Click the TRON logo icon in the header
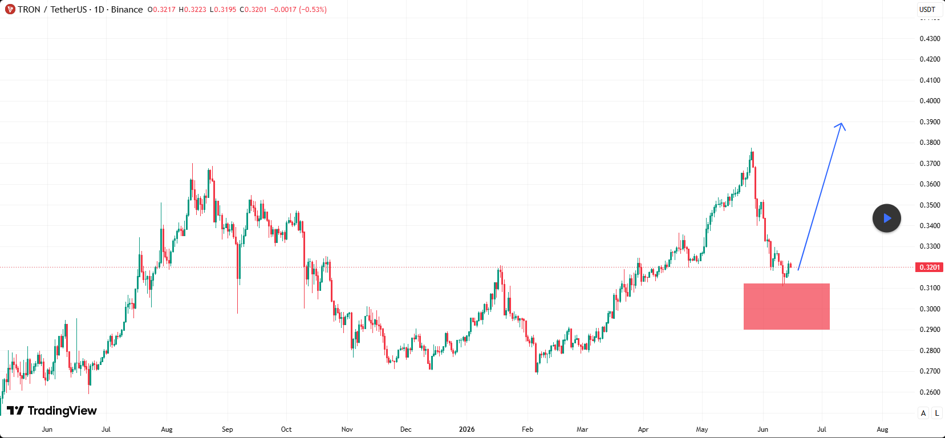click(x=10, y=9)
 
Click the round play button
click(x=886, y=218)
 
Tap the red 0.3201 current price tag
click(x=930, y=267)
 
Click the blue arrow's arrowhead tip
click(x=842, y=123)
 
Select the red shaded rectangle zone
click(x=786, y=306)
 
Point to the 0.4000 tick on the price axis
click(x=930, y=101)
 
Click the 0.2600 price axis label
click(x=930, y=392)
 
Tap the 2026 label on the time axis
click(x=467, y=429)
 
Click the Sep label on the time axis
click(x=228, y=429)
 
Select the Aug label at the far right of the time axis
click(x=882, y=429)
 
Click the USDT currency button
click(x=927, y=9)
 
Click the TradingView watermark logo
click(x=52, y=411)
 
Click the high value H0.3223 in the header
click(x=192, y=9)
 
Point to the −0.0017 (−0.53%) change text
click(x=298, y=9)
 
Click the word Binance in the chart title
click(x=127, y=9)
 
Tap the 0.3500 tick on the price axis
click(x=930, y=205)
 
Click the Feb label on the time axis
click(x=528, y=429)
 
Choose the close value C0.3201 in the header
click(x=253, y=9)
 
